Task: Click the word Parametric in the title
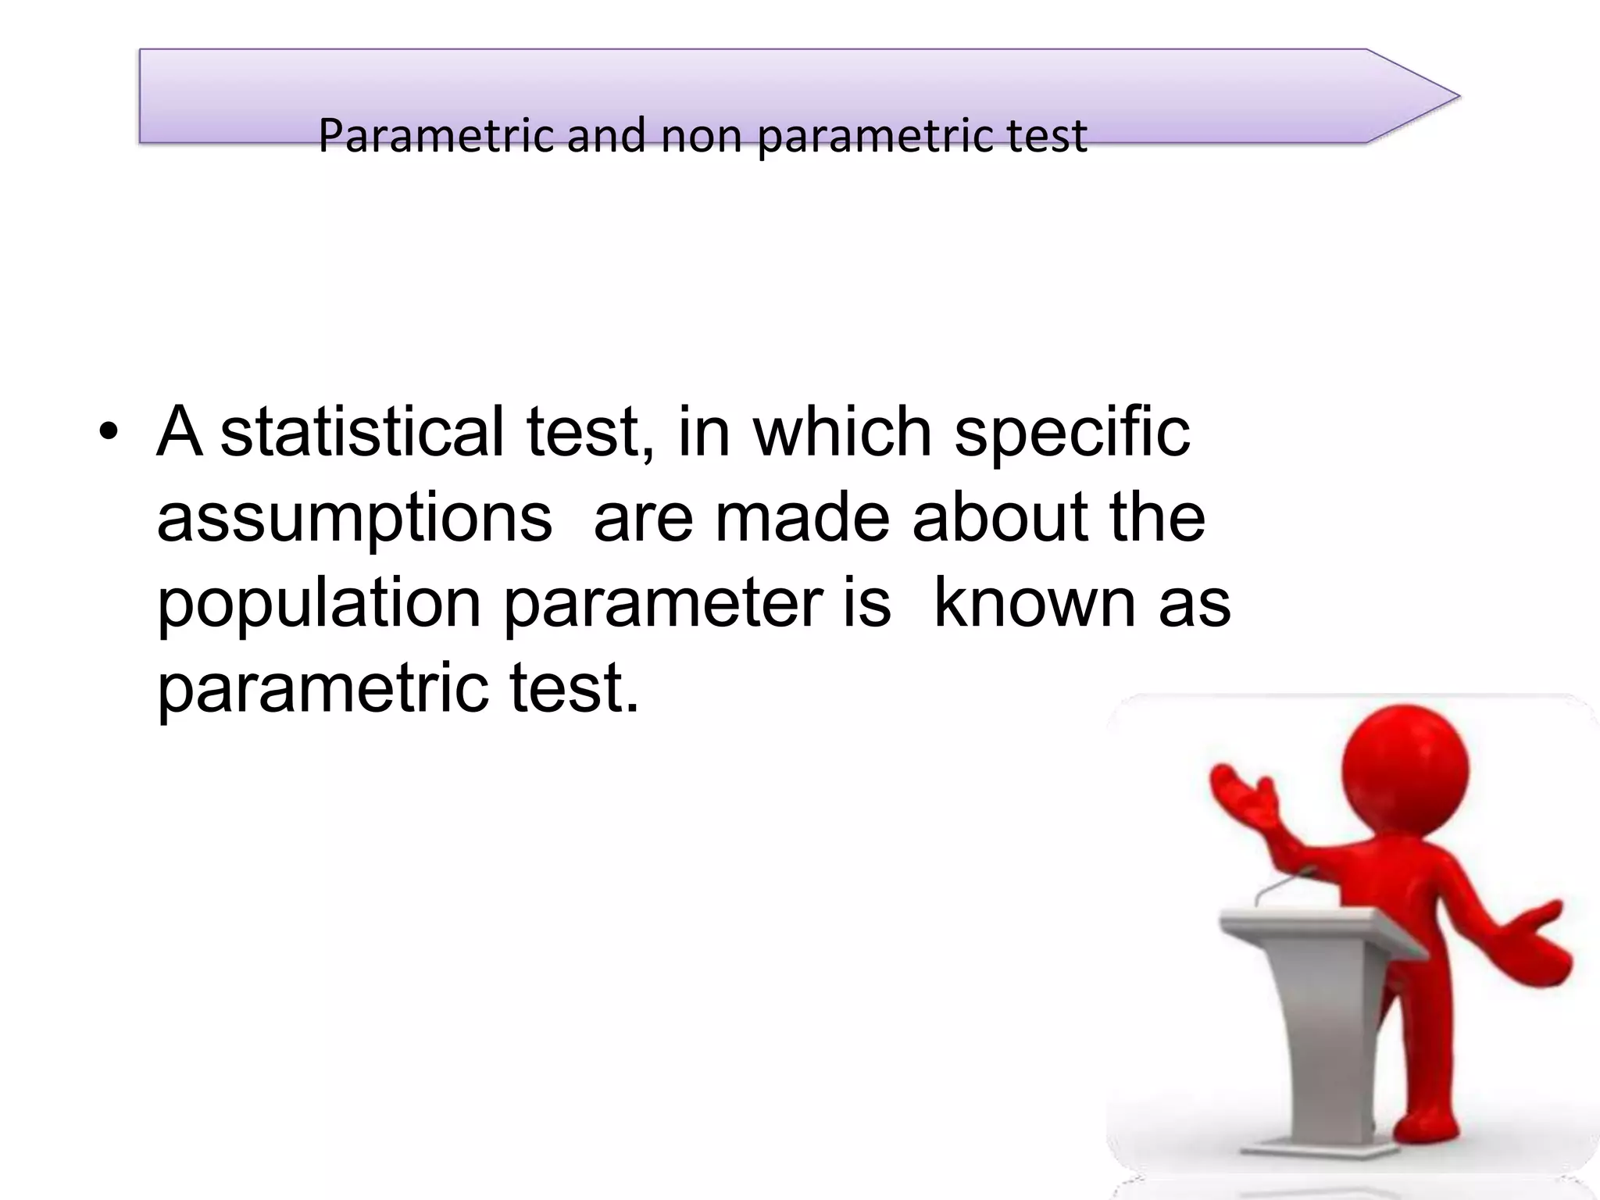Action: click(x=438, y=136)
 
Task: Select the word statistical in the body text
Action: click(x=362, y=431)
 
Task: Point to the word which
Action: click(x=842, y=431)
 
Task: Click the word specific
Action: click(x=1072, y=433)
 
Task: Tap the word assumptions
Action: click(x=354, y=519)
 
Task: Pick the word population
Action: click(x=319, y=605)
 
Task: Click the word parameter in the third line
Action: click(x=662, y=605)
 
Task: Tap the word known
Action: click(x=1035, y=603)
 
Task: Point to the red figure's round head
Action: click(x=1405, y=770)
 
